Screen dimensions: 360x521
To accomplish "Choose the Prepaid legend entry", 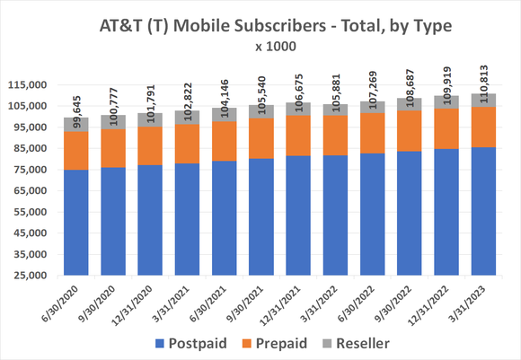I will point(292,343).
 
